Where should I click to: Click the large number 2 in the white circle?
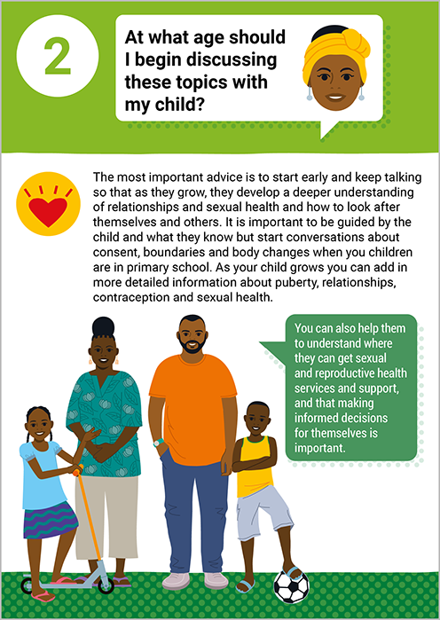[x=58, y=56]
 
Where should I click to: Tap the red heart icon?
[x=48, y=211]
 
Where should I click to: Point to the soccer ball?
[x=291, y=587]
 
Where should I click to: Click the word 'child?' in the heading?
[x=179, y=105]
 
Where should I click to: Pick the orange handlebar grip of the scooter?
[x=78, y=470]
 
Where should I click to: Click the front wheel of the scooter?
[x=106, y=585]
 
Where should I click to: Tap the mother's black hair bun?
[x=103, y=327]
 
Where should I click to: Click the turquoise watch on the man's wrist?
[x=159, y=443]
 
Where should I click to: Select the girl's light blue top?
[x=43, y=475]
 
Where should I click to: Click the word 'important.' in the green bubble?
[x=320, y=448]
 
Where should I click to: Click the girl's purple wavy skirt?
[x=51, y=520]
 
